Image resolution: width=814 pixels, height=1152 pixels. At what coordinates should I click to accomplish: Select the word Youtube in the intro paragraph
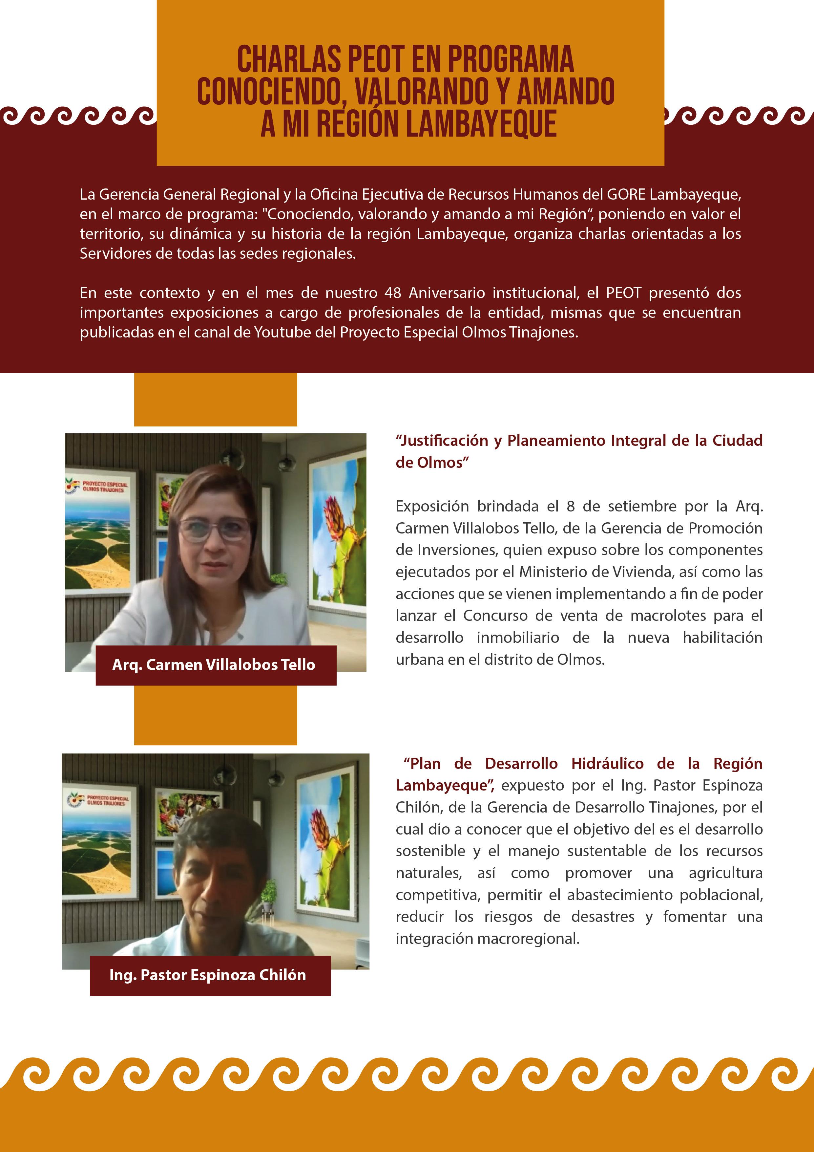point(282,332)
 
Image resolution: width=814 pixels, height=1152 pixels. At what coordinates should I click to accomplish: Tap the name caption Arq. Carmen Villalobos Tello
point(214,665)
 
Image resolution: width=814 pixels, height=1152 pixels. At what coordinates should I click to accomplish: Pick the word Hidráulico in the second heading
point(607,763)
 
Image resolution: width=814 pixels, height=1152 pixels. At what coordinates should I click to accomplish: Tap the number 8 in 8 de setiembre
point(570,506)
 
